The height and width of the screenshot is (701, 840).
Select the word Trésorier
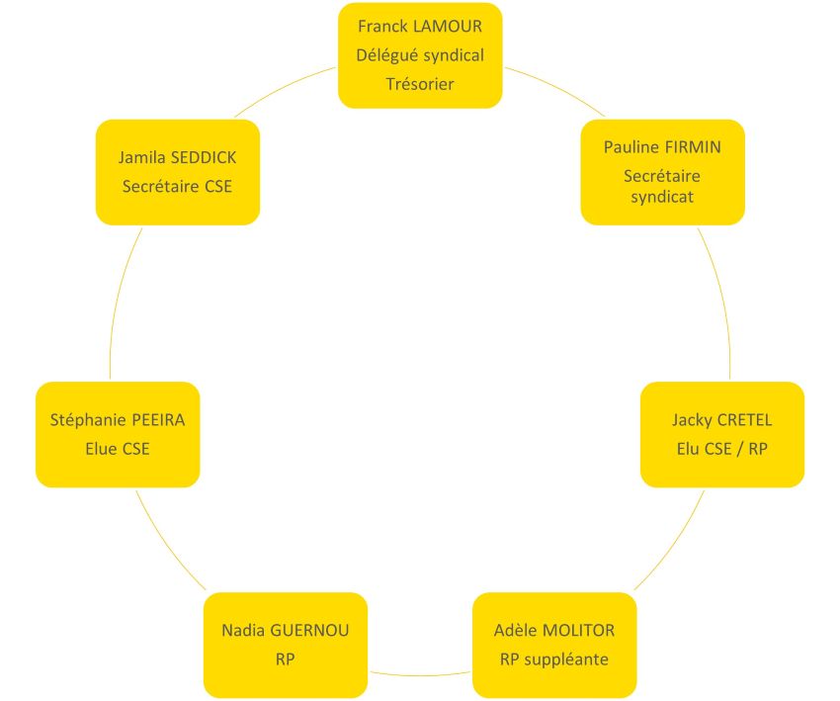420,84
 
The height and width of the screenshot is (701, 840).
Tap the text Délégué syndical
420,55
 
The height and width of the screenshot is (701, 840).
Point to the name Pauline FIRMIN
662,147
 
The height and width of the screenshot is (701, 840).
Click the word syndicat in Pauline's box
662,196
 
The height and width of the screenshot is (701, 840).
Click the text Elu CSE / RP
722,449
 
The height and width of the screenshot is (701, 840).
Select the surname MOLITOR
576,630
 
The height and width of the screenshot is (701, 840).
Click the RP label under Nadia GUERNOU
286,658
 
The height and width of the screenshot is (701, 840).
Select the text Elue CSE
118,449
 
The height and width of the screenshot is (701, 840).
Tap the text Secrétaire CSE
177,186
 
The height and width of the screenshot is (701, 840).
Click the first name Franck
380,26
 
